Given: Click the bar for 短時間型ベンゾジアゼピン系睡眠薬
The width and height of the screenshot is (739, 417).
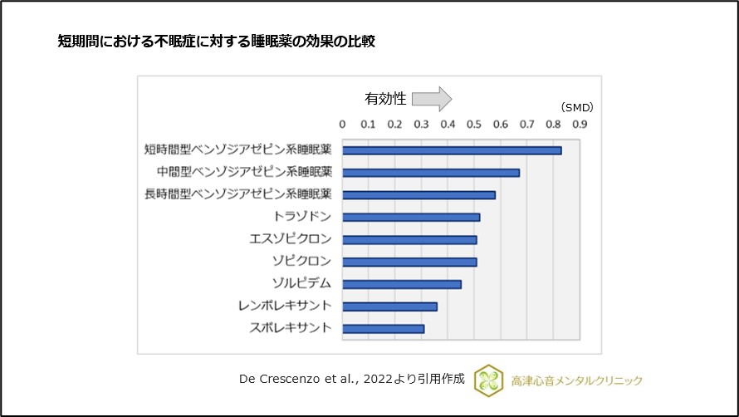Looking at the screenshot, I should click(x=452, y=150).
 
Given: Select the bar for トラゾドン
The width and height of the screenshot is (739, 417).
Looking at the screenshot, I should click(x=411, y=218).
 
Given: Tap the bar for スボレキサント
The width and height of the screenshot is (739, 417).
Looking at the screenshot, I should click(x=383, y=329).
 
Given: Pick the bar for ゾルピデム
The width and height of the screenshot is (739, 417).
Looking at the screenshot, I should click(x=401, y=284).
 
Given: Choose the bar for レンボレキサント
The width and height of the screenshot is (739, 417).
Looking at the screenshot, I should click(x=389, y=307).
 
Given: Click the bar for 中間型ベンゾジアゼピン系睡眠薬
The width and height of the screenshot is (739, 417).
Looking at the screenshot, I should click(x=431, y=173).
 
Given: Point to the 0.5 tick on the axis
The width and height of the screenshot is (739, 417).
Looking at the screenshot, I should click(x=474, y=125).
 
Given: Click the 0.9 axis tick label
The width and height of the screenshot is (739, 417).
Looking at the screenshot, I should click(x=580, y=125).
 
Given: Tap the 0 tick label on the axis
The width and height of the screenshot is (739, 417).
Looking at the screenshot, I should click(x=342, y=125).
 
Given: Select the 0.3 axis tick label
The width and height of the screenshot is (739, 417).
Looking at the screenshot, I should click(x=421, y=125).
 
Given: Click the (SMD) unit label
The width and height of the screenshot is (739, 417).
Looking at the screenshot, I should click(x=576, y=107).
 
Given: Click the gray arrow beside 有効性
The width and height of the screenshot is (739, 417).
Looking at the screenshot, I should click(x=432, y=99).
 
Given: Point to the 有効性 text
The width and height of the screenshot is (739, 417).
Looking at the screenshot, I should click(x=385, y=99).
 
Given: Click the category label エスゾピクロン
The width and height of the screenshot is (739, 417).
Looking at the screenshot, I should click(x=291, y=239).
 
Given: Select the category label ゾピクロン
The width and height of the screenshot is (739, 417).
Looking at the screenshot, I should click(x=301, y=262).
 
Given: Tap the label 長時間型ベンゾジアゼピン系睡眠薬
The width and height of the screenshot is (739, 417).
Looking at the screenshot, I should click(x=238, y=194).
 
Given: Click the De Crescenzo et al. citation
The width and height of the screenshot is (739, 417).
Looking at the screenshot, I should click(x=351, y=380).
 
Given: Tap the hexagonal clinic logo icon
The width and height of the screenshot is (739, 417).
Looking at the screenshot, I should click(x=488, y=380).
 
